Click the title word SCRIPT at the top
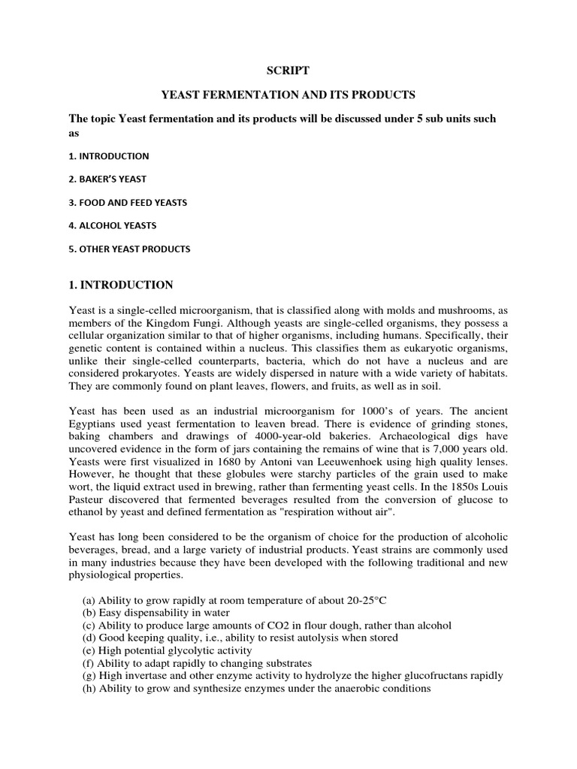288,71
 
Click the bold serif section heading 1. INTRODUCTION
121,285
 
